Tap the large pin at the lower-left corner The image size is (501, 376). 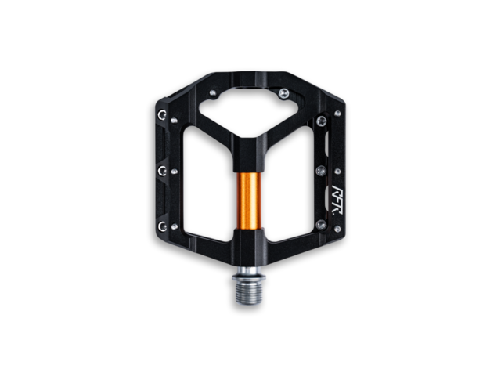click(162, 226)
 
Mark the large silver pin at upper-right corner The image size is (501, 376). click(322, 120)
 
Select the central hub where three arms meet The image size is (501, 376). click(248, 149)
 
